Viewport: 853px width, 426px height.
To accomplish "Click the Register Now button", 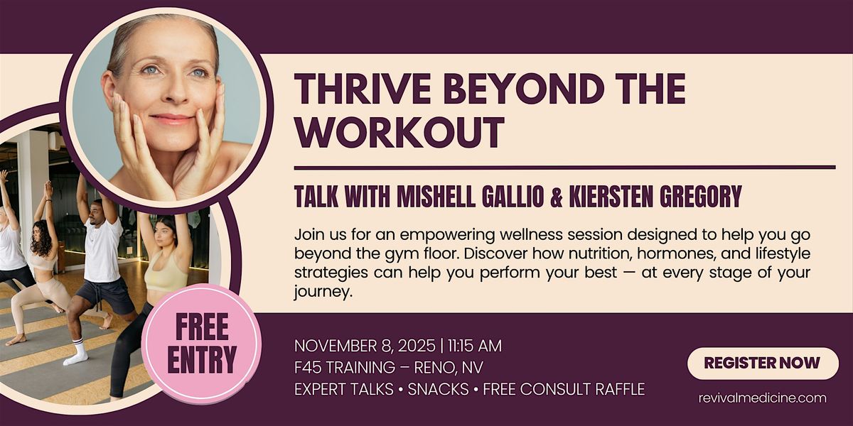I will [763, 363].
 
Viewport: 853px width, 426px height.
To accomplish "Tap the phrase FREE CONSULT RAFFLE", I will [563, 389].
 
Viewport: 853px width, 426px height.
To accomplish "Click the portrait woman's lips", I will [172, 119].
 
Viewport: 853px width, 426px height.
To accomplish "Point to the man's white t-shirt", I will [103, 248].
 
